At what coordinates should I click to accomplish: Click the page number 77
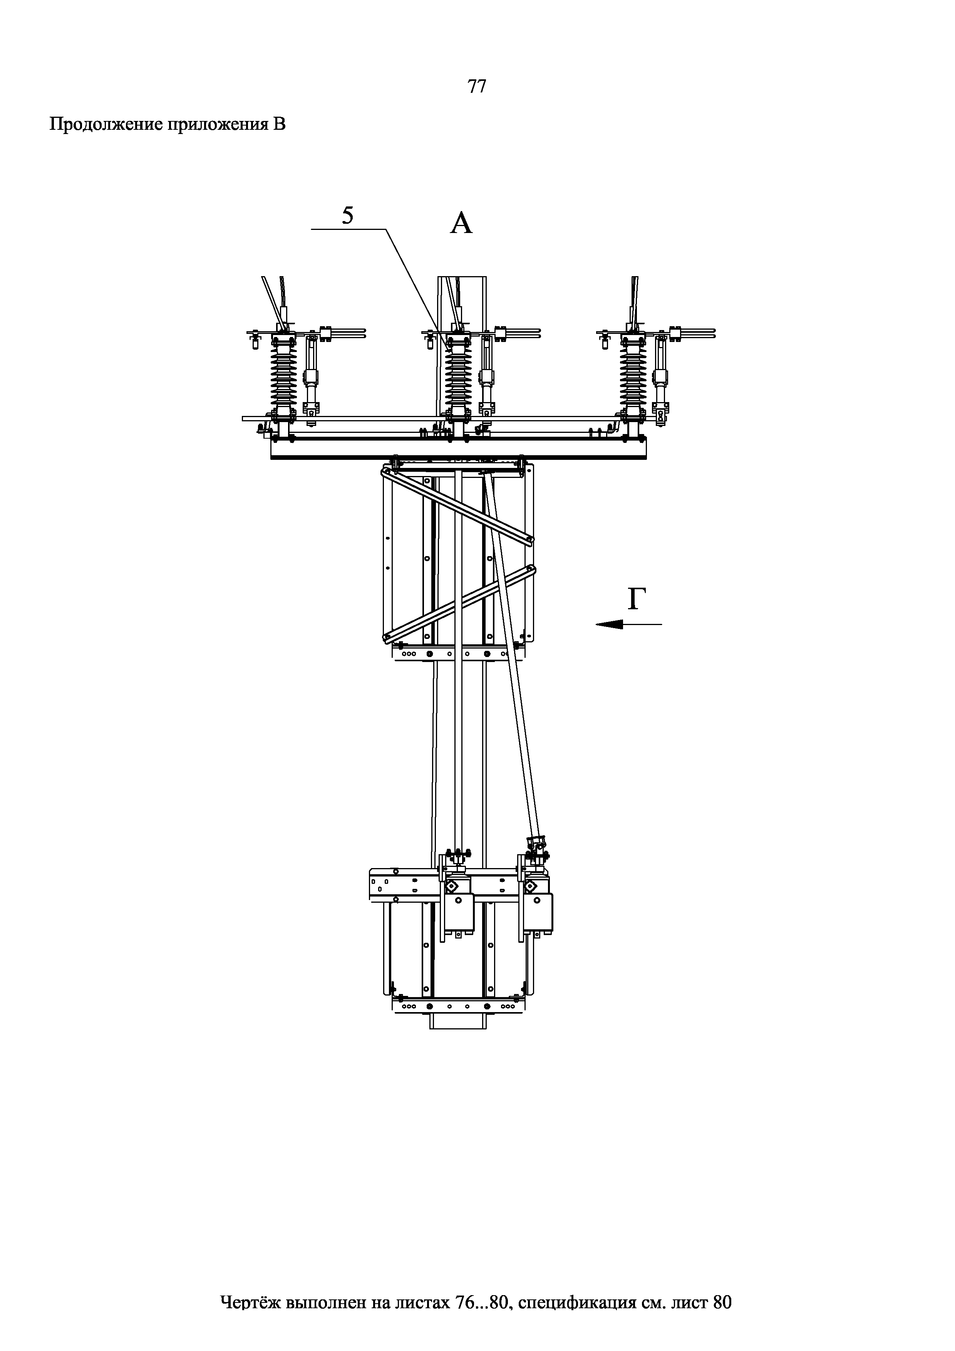point(477,87)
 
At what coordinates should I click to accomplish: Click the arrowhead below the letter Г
point(609,624)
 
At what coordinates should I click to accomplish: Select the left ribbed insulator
point(284,377)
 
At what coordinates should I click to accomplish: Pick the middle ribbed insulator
point(458,377)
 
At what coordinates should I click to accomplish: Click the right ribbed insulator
point(633,377)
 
